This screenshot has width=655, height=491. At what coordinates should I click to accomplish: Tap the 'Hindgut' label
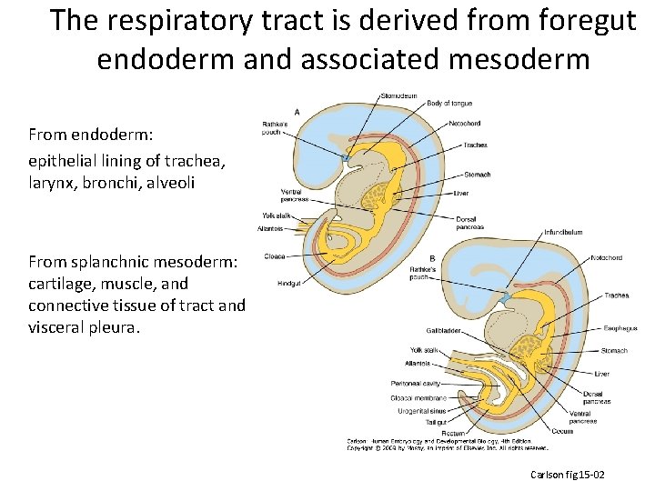point(289,283)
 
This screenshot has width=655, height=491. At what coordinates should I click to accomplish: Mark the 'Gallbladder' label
point(444,330)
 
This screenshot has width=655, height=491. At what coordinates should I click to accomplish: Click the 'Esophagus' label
point(619,327)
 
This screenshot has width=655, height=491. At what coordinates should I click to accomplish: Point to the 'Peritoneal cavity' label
point(416,384)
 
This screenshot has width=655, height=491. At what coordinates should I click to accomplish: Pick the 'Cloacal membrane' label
point(418,397)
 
